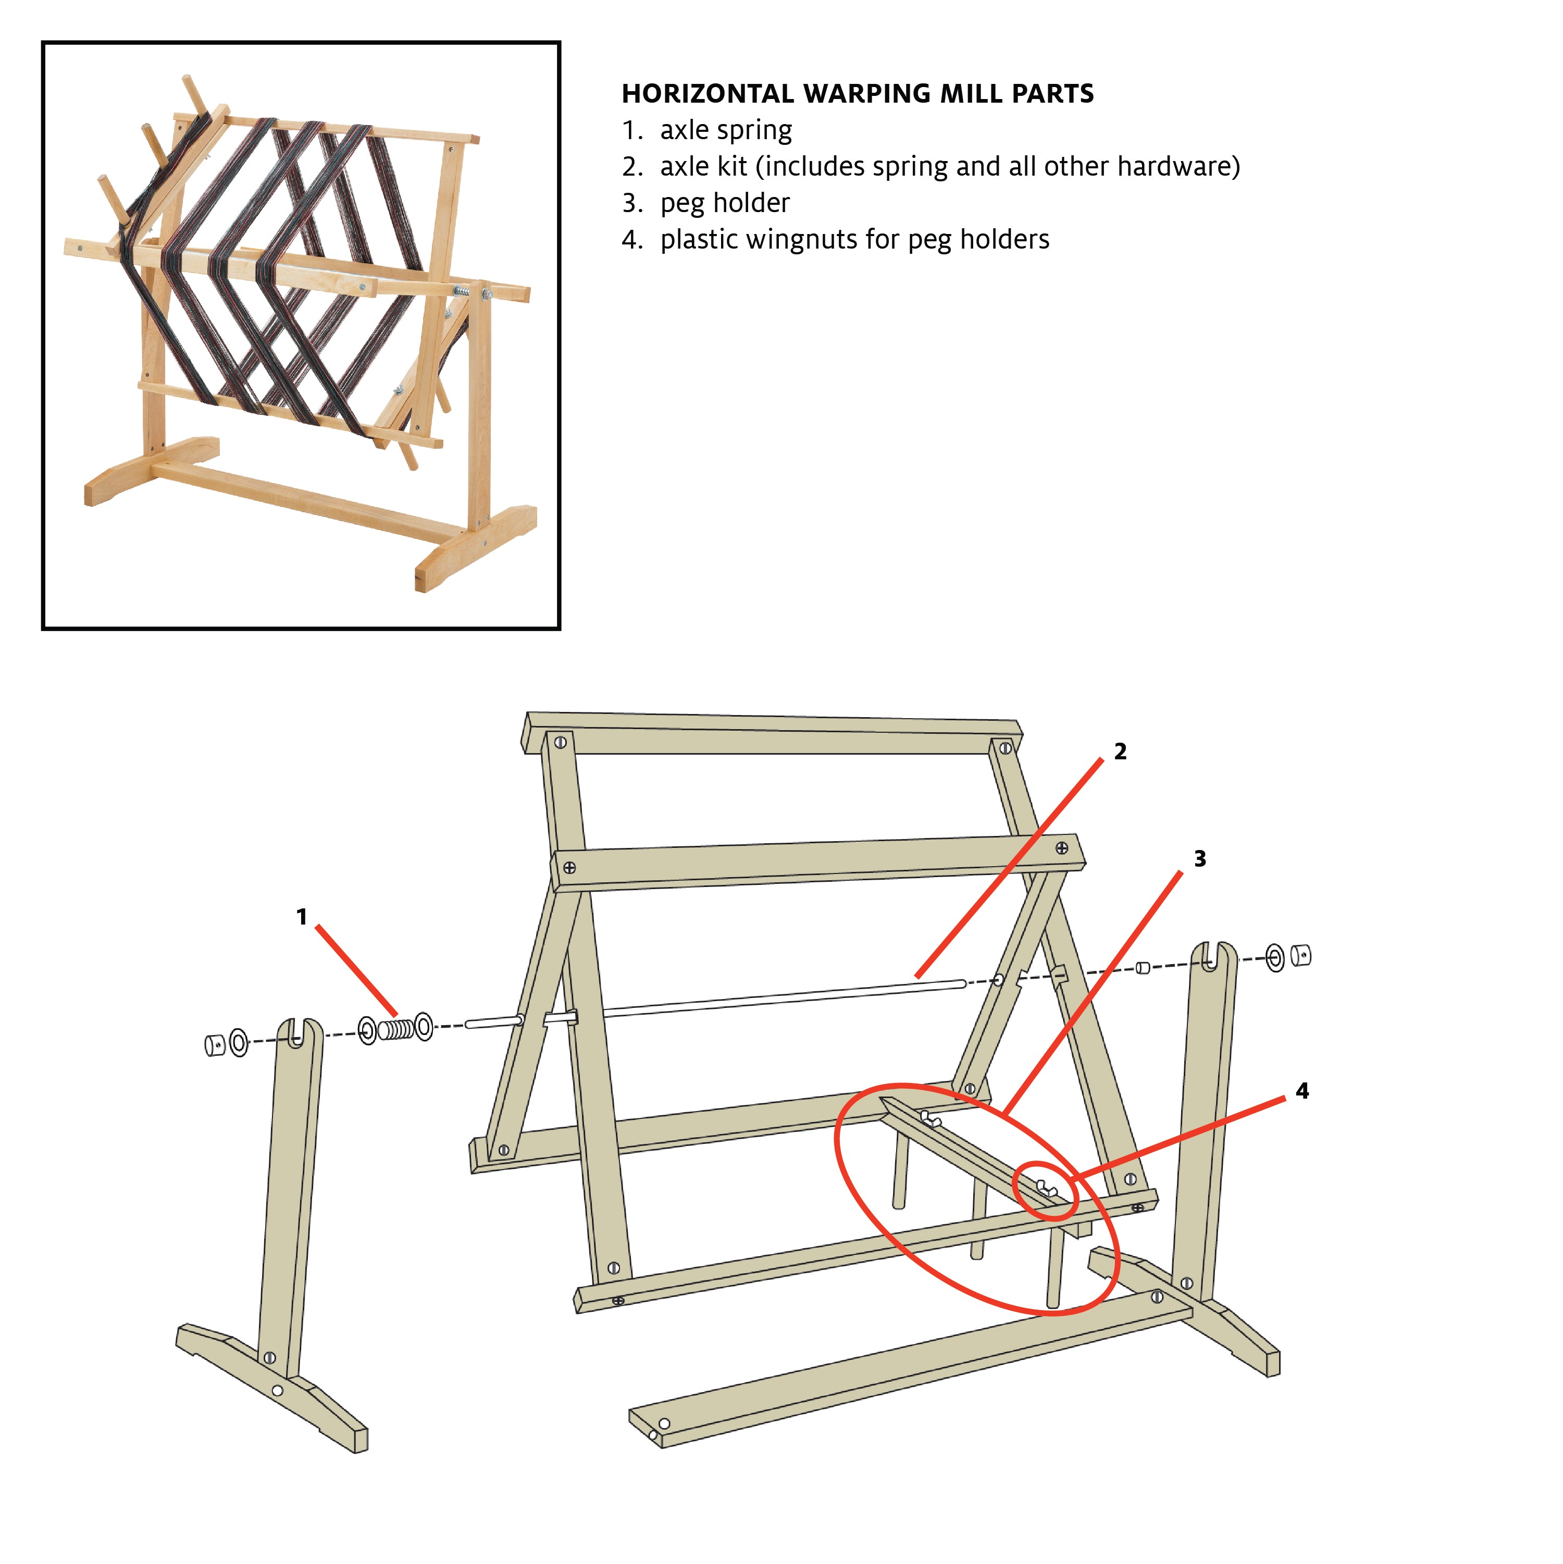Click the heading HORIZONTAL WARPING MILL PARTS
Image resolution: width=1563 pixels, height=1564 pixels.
857,94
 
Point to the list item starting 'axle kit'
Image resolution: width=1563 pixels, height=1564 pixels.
949,167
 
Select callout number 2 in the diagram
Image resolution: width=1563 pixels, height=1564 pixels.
1120,751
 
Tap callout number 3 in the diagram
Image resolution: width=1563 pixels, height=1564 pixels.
1199,859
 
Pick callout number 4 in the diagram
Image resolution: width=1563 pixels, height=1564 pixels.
1301,1090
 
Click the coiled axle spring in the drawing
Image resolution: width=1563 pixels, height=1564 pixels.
396,1029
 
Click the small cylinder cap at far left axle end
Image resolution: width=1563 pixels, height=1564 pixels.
214,1045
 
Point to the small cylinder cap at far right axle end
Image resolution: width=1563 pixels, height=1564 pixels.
1301,956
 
